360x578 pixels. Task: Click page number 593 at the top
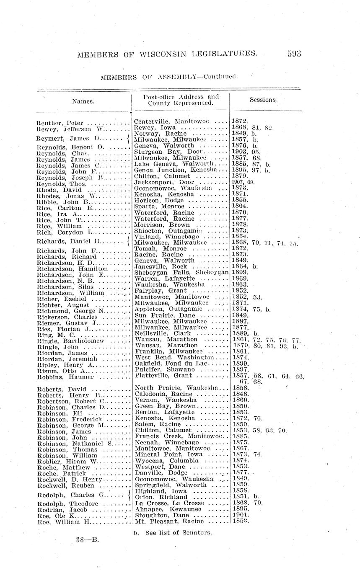(x=294, y=54)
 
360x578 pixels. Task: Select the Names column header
(x=83, y=101)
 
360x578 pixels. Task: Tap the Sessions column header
(x=263, y=100)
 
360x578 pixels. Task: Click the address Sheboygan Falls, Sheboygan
(x=181, y=272)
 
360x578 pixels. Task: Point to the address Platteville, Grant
(x=163, y=376)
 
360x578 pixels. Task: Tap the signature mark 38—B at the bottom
(x=88, y=539)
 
